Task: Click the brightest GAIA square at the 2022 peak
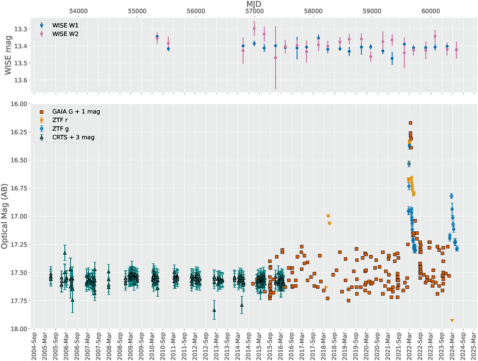click(x=411, y=123)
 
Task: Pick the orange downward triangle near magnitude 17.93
click(x=452, y=321)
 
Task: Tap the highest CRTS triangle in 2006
click(x=65, y=252)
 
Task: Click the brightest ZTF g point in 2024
click(x=451, y=196)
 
